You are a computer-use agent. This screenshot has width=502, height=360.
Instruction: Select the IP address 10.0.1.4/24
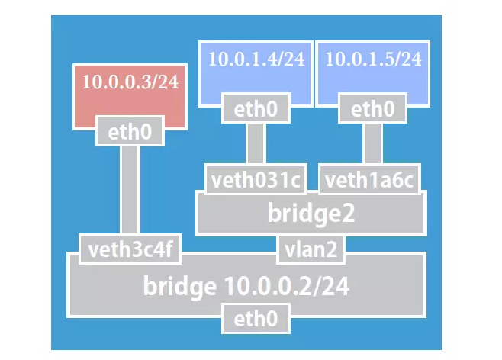tap(256, 59)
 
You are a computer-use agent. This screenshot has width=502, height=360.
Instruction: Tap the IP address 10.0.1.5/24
tap(373, 59)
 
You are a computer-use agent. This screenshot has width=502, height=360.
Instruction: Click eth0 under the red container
tap(130, 133)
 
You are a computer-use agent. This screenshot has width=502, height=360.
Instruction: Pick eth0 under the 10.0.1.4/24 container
tap(256, 109)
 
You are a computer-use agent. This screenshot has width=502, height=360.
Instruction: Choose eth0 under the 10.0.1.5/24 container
tap(372, 109)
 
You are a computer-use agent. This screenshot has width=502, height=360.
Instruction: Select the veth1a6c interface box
tap(369, 181)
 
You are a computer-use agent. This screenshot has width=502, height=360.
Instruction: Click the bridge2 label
tap(311, 214)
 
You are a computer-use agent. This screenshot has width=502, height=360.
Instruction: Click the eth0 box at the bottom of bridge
tap(256, 317)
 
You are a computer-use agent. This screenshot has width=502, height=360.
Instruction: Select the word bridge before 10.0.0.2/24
tap(180, 287)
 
